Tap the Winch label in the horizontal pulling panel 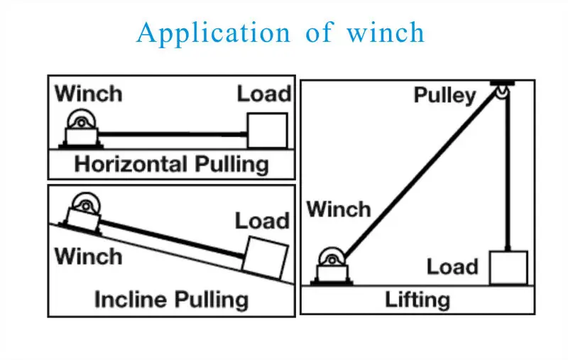point(88,93)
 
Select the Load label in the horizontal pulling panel point(263,94)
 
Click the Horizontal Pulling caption point(171,165)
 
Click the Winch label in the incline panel point(88,256)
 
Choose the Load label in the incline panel point(262,221)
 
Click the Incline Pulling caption point(171,299)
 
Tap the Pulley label point(444,96)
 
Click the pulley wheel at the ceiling point(503,92)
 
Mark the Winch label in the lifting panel point(338,209)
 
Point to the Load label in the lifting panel point(452,267)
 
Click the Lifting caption point(417,299)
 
